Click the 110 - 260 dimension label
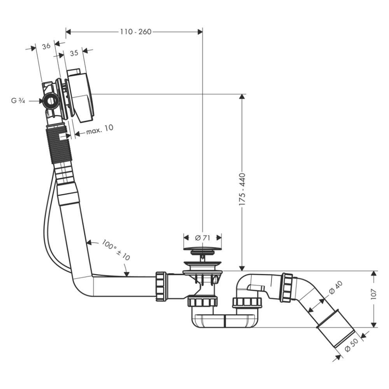135,32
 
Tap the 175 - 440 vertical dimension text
242,189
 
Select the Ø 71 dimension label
202,237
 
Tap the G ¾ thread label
18,101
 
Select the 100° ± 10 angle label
116,250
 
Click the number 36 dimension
46,46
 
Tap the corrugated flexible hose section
58,146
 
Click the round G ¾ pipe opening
51,101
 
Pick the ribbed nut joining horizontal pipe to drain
161,286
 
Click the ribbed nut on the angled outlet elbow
286,288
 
